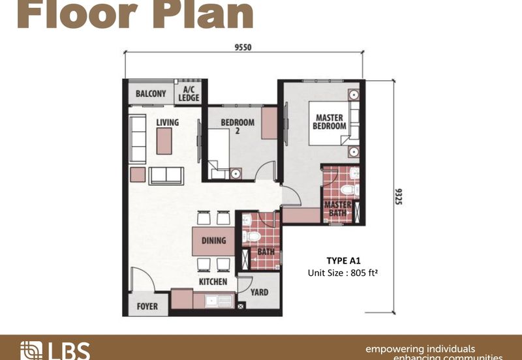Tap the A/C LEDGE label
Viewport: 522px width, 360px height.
(189, 94)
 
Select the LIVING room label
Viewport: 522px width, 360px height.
(168, 122)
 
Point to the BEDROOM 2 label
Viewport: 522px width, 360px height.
(237, 126)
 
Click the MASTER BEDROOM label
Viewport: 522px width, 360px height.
(330, 121)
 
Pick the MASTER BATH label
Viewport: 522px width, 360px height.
(338, 209)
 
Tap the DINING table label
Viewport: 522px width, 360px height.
(213, 241)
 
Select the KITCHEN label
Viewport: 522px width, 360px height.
(213, 282)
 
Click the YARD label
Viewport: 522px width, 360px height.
(258, 292)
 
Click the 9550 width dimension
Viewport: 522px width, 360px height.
(243, 47)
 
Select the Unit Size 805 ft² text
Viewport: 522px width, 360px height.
(343, 273)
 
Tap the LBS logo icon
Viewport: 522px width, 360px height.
(31, 351)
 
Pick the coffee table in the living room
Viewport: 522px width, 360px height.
(164, 141)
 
